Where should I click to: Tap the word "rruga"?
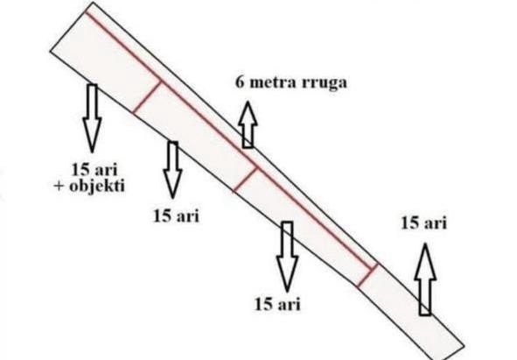coord(325,83)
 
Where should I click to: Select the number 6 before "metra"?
coord(240,82)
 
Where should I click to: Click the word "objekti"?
coord(97,187)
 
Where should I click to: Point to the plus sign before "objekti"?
coord(59,187)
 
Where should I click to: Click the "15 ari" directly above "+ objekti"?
coord(94,170)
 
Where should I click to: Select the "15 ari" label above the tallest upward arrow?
coord(424,223)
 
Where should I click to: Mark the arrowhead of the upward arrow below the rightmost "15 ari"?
coord(425,261)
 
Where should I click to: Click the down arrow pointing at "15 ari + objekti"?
coord(92,118)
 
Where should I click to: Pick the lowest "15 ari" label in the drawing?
coord(277,304)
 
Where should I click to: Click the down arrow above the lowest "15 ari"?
coord(287,257)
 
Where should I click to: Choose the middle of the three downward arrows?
coord(172,169)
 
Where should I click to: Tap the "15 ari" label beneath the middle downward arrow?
coord(176,216)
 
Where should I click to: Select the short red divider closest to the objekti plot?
coord(147,96)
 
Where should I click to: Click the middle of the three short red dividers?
coord(245,179)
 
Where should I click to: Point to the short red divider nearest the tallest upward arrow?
coord(367,275)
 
